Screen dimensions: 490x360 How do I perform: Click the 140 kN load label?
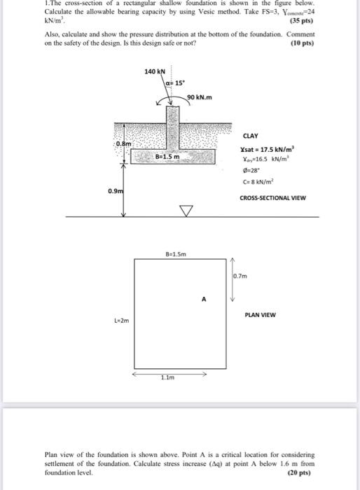pos(154,71)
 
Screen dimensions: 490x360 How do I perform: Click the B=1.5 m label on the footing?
pos(167,157)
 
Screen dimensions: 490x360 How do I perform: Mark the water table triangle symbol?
pos(186,209)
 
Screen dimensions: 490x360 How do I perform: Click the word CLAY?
pos(250,136)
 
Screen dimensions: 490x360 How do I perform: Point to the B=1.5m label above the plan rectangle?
pos(175,255)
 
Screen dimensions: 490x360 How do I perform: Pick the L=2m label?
pos(122,321)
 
